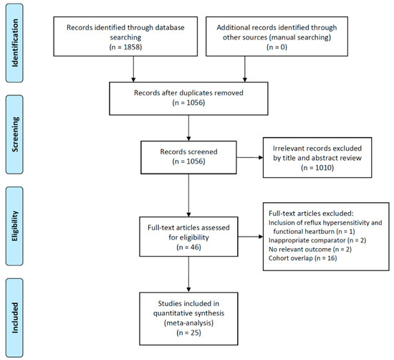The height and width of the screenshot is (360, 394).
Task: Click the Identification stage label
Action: (15, 43)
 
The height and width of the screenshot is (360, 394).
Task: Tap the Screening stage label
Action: (15, 134)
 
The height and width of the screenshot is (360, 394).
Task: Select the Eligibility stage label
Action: (15, 226)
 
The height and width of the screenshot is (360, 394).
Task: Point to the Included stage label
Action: (15, 318)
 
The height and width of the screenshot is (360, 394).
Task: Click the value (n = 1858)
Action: (125, 47)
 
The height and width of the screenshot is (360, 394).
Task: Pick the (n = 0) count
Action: (277, 47)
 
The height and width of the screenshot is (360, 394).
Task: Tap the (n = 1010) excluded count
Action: (317, 168)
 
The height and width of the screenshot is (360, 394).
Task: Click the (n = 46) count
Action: (188, 247)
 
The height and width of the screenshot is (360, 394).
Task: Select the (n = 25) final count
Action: (188, 333)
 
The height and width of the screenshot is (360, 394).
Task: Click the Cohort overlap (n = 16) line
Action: (303, 258)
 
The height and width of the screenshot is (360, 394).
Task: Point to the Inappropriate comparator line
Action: (317, 240)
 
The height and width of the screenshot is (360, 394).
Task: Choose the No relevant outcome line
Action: (310, 250)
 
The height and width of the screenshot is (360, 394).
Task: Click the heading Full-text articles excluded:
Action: (311, 213)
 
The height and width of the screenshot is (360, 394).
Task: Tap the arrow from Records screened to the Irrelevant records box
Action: (250, 158)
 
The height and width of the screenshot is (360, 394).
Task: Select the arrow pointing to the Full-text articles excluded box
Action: (251, 237)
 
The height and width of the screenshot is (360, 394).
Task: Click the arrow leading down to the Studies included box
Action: (188, 274)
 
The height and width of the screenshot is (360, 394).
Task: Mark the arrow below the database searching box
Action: (133, 69)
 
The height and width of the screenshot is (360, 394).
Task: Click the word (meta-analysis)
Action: (188, 323)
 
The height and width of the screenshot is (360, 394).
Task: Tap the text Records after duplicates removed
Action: (188, 93)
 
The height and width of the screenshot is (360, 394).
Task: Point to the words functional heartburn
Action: (304, 231)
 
